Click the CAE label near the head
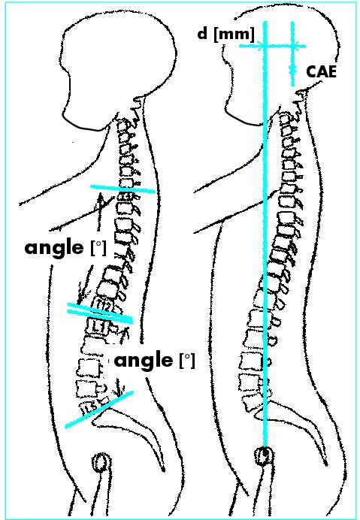321,72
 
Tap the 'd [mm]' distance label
226,34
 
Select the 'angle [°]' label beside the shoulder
65,248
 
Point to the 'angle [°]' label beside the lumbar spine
155,361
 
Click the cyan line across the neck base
123,189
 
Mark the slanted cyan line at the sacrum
99,410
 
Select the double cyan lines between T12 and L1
100,313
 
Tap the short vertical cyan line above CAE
292,53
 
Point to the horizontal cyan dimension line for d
272,46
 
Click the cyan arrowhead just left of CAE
292,70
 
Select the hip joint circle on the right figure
265,457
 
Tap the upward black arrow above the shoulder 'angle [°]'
100,212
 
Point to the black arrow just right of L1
126,336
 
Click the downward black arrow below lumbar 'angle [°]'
119,387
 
